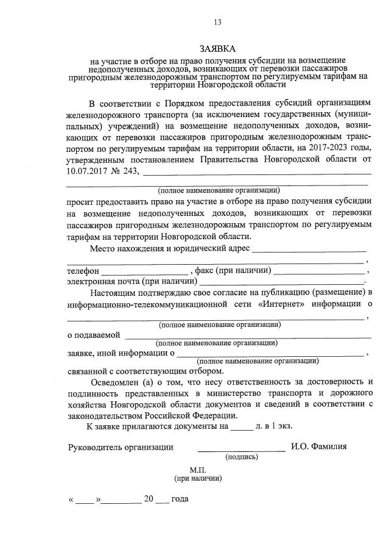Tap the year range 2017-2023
pyautogui.click(x=326, y=149)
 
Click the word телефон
pyautogui.click(x=83, y=271)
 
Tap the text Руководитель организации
pyautogui.click(x=121, y=447)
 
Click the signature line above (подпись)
pyautogui.click(x=241, y=450)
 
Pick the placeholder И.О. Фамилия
pyautogui.click(x=318, y=447)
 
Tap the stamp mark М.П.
pyautogui.click(x=198, y=471)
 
